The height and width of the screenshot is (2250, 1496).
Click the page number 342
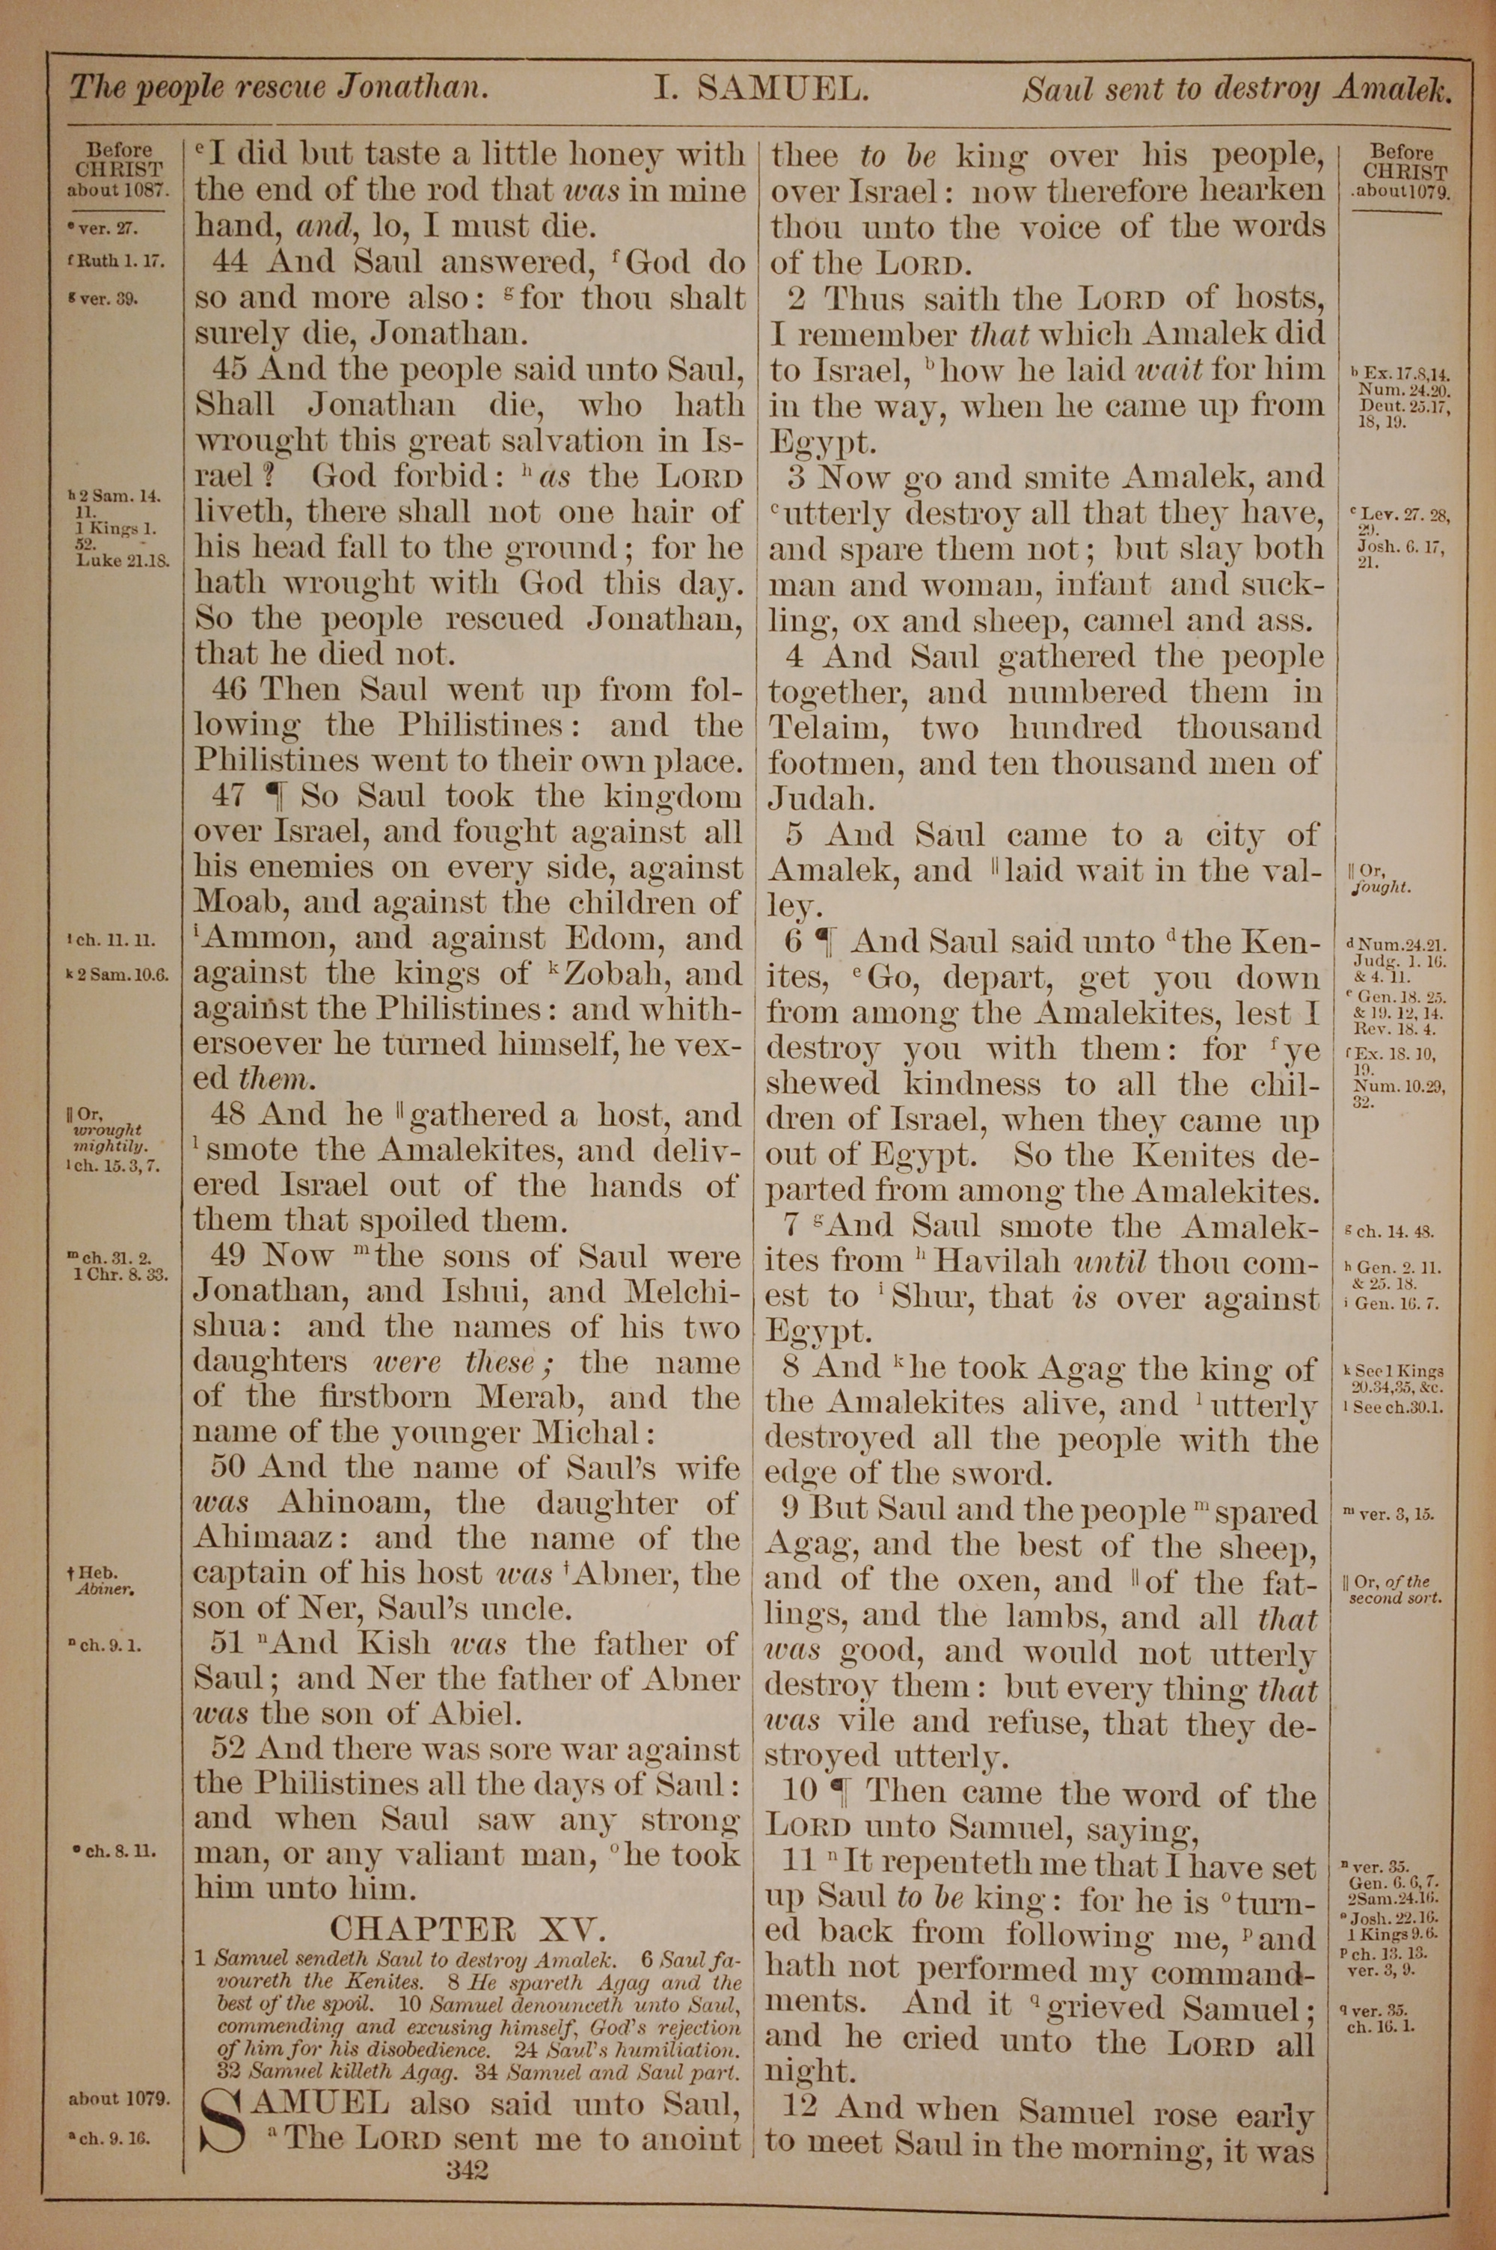point(467,2143)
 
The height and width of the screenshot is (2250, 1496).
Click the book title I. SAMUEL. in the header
point(761,90)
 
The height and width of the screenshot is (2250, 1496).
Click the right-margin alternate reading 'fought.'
point(1382,887)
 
